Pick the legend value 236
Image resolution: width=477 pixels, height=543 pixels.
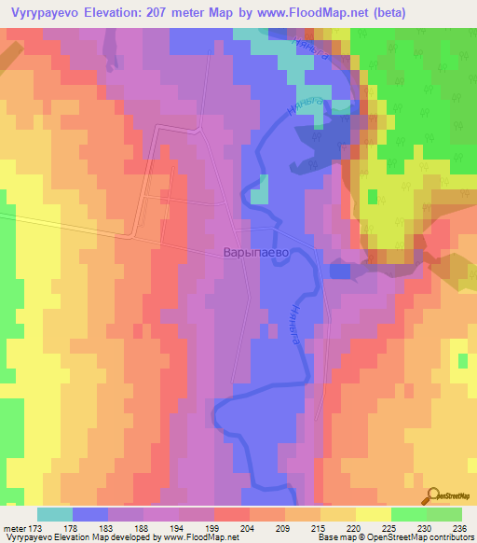pos(460,527)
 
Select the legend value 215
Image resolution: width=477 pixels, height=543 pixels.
pos(320,527)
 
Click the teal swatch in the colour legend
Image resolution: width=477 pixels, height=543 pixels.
pos(55,514)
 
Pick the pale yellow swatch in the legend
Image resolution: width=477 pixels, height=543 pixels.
pos(373,514)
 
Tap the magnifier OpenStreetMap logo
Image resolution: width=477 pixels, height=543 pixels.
pos(434,495)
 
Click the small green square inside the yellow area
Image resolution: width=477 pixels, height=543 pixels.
pos(373,196)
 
